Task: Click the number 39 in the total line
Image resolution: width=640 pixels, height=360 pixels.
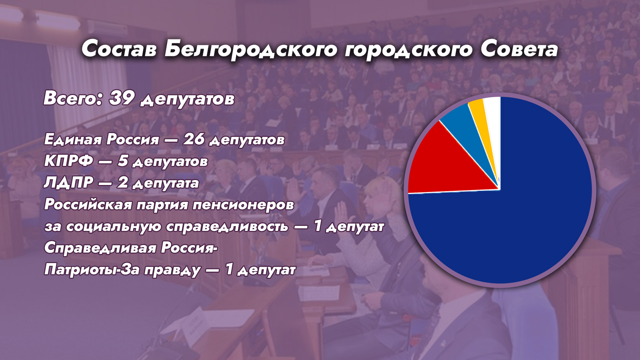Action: point(122,98)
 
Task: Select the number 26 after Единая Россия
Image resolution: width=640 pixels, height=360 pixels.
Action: point(194,139)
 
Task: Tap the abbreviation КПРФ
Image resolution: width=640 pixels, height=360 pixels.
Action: point(69,161)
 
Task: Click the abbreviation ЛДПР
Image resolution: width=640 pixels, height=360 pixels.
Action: point(69,182)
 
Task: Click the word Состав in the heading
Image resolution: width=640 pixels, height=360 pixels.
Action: point(119,49)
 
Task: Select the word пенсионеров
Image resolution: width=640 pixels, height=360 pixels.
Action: point(243,205)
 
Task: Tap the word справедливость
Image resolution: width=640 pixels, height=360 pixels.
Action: point(227,226)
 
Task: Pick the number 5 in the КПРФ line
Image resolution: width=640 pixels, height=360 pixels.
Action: point(123,161)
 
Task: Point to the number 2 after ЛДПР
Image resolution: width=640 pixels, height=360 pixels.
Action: point(122,182)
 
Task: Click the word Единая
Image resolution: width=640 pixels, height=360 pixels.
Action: point(73,139)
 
